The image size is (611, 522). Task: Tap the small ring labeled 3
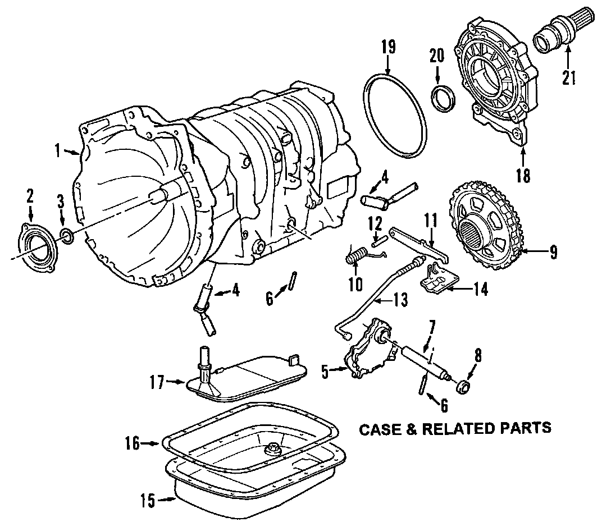pos(66,236)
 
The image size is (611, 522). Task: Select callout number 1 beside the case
pos(57,150)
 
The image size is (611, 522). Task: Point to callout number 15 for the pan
pos(148,498)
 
